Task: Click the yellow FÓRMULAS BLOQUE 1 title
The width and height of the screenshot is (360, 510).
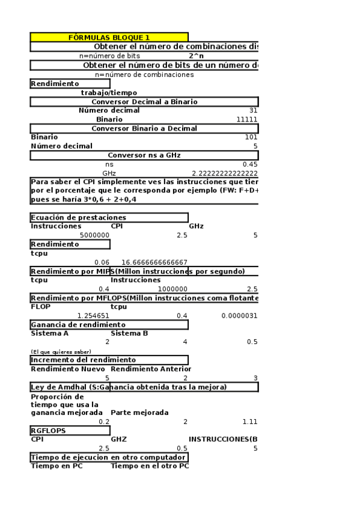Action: [x=109, y=37]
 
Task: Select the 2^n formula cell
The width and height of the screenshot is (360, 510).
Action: [x=196, y=56]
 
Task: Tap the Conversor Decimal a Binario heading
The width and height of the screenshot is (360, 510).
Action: [x=144, y=102]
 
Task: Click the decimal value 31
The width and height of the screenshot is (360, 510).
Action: [x=253, y=111]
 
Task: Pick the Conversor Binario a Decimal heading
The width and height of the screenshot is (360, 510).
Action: [x=144, y=128]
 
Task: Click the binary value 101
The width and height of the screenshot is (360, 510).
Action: [x=252, y=137]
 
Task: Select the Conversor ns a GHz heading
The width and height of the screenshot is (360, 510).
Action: [x=144, y=155]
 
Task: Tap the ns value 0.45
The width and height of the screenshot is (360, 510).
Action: [x=249, y=164]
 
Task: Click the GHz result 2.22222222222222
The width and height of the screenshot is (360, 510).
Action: [x=224, y=173]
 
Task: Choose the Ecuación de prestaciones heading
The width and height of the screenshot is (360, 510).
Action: [x=79, y=217]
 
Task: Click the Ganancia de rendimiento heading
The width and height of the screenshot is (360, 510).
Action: [x=78, y=325]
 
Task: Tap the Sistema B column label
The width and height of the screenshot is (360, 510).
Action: [x=129, y=333]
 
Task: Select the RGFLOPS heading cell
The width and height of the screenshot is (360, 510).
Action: [x=48, y=431]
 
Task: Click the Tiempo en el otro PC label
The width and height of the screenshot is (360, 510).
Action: [x=150, y=466]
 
